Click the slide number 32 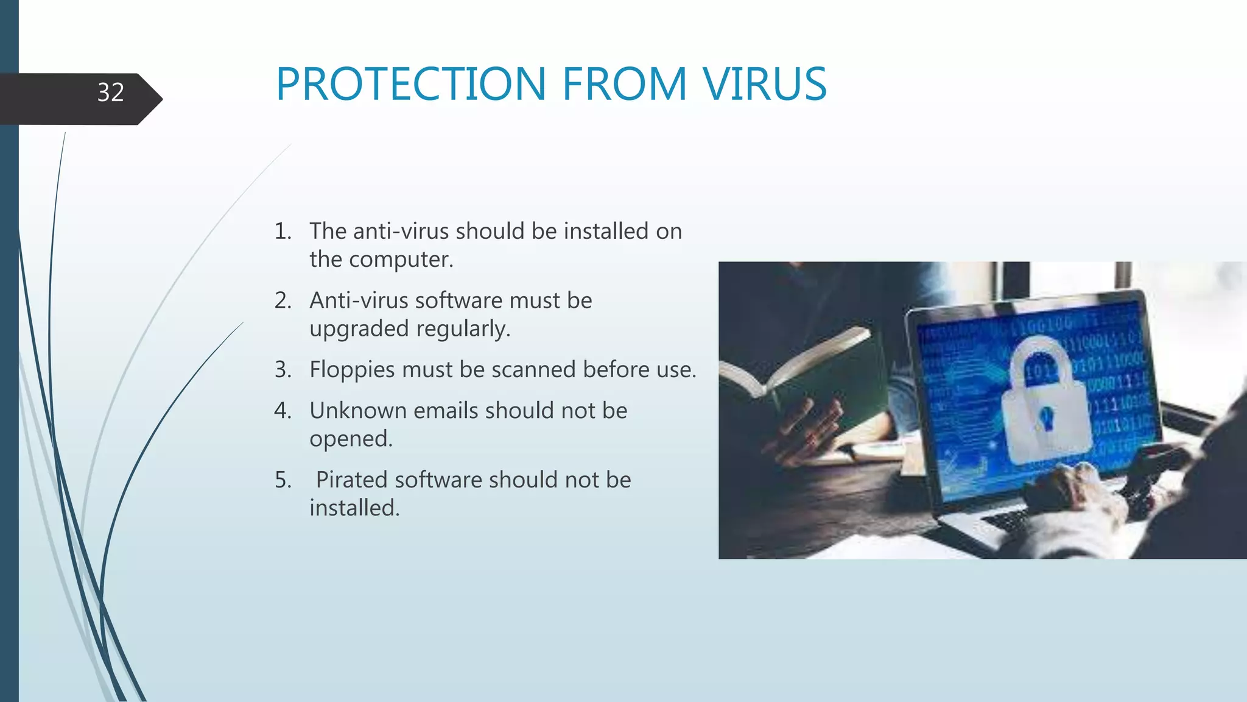pos(110,93)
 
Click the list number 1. pos(282,232)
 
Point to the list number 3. pos(282,370)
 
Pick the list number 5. pos(282,480)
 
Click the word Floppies pos(351,370)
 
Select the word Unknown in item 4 pos(357,411)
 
